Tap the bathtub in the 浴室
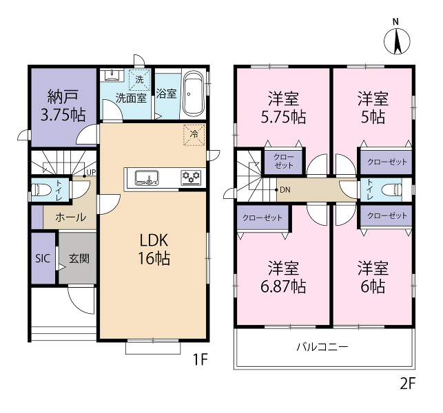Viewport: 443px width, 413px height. pos(193,94)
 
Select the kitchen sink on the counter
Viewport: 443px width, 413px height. pos(146,178)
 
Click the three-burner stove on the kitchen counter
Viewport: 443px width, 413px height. pos(191,178)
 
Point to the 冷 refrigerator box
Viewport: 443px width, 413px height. pos(194,135)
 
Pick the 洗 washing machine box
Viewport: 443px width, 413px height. pos(140,79)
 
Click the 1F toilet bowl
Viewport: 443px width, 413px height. pos(41,190)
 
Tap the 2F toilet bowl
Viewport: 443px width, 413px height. pos(391,189)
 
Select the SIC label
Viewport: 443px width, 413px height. pos(43,258)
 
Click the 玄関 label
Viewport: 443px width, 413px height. pos(79,258)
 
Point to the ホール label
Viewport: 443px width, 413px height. pos(71,218)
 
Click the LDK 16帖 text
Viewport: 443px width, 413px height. pos(154,249)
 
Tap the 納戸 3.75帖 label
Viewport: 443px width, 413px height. pos(63,105)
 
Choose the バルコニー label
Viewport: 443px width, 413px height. pos(322,347)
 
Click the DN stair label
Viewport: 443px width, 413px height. pos(285,190)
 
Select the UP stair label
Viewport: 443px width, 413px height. pos(91,172)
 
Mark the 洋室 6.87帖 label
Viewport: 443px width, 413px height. pos(283,277)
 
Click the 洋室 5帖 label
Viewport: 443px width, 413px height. pos(373,107)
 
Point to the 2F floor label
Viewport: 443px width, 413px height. pos(407,383)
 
